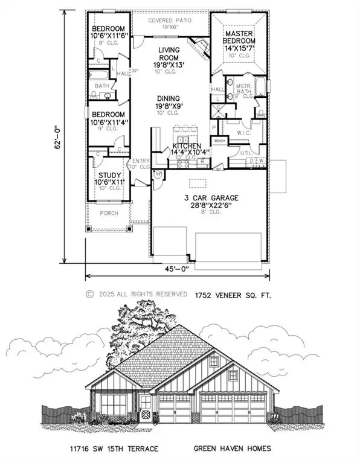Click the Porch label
click(109, 213)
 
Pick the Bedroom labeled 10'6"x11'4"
click(108, 119)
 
